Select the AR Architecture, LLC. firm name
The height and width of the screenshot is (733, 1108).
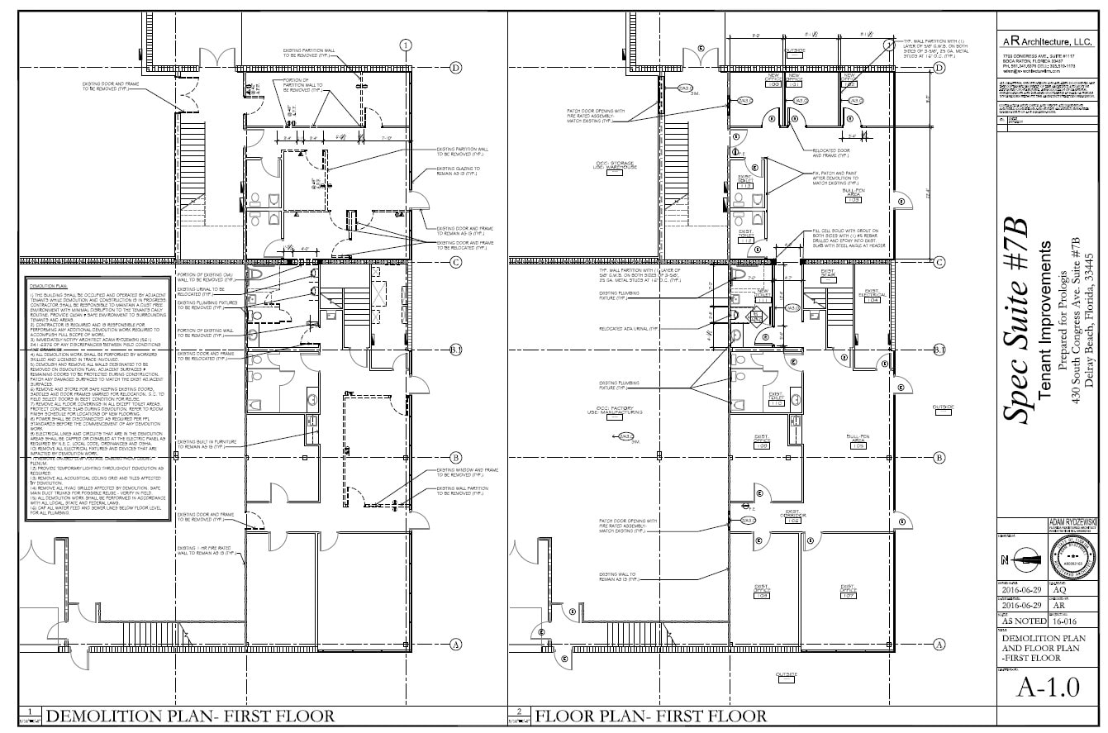click(1047, 40)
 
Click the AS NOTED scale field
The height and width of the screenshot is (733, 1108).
click(1024, 620)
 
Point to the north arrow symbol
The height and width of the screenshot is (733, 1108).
click(1024, 560)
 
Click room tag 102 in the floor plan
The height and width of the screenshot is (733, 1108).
click(849, 84)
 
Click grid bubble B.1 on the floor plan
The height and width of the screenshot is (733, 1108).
click(939, 350)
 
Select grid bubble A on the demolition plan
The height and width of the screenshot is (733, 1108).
click(454, 645)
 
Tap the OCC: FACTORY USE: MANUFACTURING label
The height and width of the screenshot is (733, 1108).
click(621, 410)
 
